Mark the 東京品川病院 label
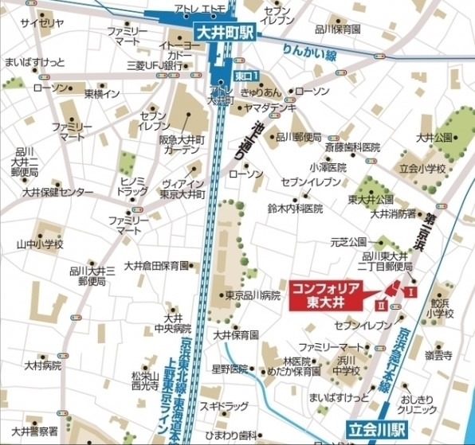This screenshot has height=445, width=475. pos(253,295)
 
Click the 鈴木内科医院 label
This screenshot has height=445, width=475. pos(295,209)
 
